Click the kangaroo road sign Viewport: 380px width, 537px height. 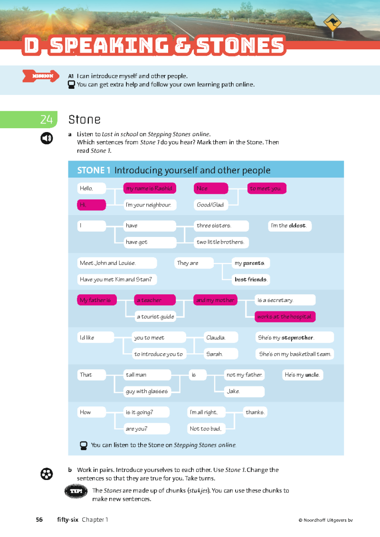coord(332,22)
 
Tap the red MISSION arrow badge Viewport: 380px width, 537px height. coord(41,76)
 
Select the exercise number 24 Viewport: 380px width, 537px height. coord(46,120)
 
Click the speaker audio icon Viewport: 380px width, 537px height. coord(46,138)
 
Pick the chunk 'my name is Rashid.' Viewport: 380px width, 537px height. coord(150,188)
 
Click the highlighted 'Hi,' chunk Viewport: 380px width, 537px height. coord(92,205)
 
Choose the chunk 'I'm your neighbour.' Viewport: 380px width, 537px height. coord(150,205)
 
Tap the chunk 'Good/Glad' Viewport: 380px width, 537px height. coord(211,205)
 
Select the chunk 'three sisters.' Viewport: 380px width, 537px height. coord(221,226)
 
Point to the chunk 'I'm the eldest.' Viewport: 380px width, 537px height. coord(290,226)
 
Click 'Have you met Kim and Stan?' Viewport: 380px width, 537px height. coord(117,279)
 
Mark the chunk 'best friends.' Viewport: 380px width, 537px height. coord(251,279)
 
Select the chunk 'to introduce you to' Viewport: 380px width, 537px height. coord(159,354)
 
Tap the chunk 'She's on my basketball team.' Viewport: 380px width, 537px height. coord(294,354)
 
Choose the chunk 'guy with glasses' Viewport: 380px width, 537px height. coord(146,391)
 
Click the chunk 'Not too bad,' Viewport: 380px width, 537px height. coord(206,429)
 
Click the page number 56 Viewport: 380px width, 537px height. coord(39,519)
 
